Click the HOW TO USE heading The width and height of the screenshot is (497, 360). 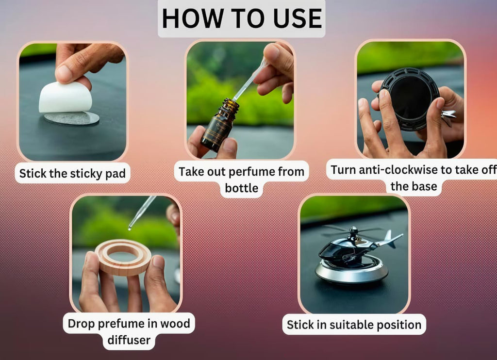pyautogui.click(x=241, y=18)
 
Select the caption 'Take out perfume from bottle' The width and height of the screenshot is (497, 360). pyautogui.click(x=241, y=179)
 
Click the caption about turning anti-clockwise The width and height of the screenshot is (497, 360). pyautogui.click(x=414, y=178)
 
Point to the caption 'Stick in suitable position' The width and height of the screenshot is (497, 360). pyautogui.click(x=354, y=324)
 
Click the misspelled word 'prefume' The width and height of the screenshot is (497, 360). pyautogui.click(x=121, y=323)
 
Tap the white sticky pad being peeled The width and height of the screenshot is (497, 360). pyautogui.click(x=65, y=98)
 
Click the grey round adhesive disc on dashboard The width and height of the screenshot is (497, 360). pyautogui.click(x=73, y=118)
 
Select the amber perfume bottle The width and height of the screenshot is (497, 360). pyautogui.click(x=218, y=125)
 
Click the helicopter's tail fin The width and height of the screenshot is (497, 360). pyautogui.click(x=389, y=238)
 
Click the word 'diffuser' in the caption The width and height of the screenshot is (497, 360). pyautogui.click(x=128, y=339)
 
